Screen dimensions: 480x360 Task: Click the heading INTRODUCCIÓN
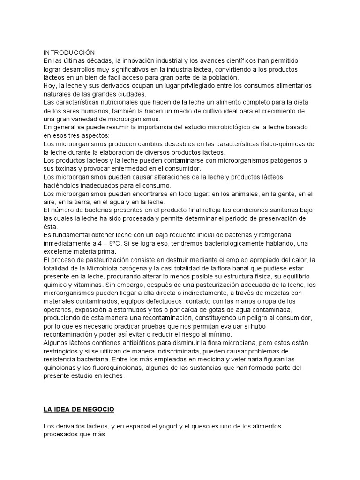tap(69, 52)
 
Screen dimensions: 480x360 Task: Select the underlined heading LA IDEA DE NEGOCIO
tap(78, 409)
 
